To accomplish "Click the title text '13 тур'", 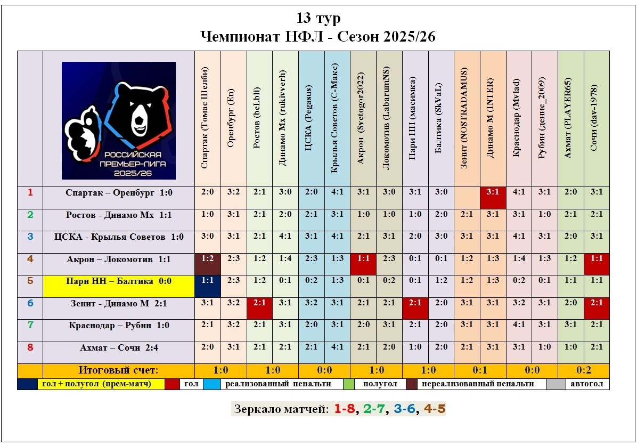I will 318,18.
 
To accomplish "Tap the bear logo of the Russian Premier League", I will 119,120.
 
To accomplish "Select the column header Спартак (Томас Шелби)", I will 207,118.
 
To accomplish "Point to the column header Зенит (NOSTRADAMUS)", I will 467,118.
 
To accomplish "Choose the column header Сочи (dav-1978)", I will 597,118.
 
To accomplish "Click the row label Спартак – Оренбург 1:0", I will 119,192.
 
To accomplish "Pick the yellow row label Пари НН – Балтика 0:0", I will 119,281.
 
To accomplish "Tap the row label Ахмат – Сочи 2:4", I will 119,347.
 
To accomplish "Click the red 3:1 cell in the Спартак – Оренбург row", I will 493,192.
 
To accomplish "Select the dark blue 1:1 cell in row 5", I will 207,281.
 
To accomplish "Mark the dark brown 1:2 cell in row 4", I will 207,259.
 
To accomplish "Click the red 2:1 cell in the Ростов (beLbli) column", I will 259,303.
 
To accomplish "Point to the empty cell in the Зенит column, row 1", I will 467,192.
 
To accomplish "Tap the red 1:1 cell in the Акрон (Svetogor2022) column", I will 363,259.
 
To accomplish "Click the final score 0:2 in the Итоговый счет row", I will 584,370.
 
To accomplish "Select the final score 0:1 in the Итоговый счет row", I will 480,370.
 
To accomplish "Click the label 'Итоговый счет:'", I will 118,370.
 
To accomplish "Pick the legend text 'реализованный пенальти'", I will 277,384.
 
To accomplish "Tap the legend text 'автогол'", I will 586,384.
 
